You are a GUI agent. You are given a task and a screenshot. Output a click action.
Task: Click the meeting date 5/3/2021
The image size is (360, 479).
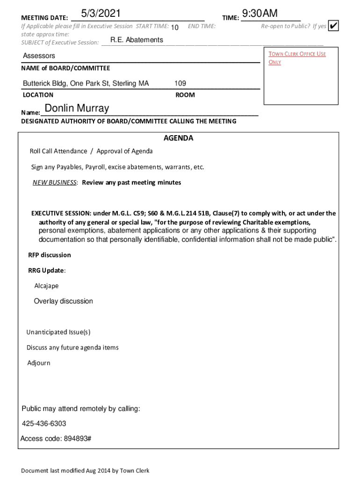pyautogui.click(x=101, y=14)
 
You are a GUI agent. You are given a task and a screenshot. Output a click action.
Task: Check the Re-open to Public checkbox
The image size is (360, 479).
pyautogui.click(x=333, y=26)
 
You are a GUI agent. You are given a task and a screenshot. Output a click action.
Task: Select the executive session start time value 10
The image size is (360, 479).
pyautogui.click(x=175, y=28)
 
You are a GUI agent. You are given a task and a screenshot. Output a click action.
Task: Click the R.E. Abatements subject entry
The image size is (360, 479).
pyautogui.click(x=137, y=40)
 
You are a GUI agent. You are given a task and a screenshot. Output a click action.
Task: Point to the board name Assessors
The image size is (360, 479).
pyautogui.click(x=39, y=56)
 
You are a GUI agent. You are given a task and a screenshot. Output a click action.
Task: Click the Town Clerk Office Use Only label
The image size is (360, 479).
pyautogui.click(x=297, y=58)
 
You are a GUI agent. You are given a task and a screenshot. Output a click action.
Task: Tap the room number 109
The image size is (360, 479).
pyautogui.click(x=180, y=84)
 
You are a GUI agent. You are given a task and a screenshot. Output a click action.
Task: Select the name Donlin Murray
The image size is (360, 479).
pyautogui.click(x=77, y=109)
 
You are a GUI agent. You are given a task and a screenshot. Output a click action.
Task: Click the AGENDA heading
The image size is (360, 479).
pyautogui.click(x=178, y=138)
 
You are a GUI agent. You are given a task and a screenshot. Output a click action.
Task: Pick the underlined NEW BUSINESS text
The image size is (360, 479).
pyautogui.click(x=54, y=183)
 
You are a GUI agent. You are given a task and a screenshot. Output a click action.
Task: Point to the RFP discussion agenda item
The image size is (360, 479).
pyautogui.click(x=50, y=255)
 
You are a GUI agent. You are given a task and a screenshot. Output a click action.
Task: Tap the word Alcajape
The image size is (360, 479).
pyautogui.click(x=46, y=286)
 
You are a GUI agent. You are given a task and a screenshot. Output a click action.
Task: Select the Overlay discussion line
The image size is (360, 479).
pyautogui.click(x=63, y=301)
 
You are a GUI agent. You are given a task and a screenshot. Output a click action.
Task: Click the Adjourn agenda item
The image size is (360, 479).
pyautogui.click(x=38, y=363)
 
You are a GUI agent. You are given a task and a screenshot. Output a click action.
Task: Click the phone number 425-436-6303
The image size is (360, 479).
pyautogui.click(x=44, y=424)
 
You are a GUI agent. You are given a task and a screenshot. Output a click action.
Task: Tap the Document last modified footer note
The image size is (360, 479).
pyautogui.click(x=85, y=471)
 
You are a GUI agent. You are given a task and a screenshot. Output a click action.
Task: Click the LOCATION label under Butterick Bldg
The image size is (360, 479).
pyautogui.click(x=38, y=95)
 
